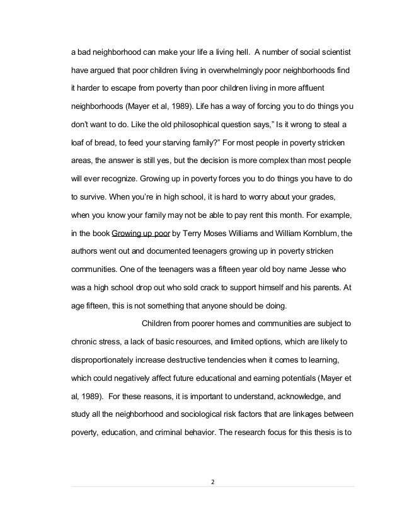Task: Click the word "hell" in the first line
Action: [x=240, y=49]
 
